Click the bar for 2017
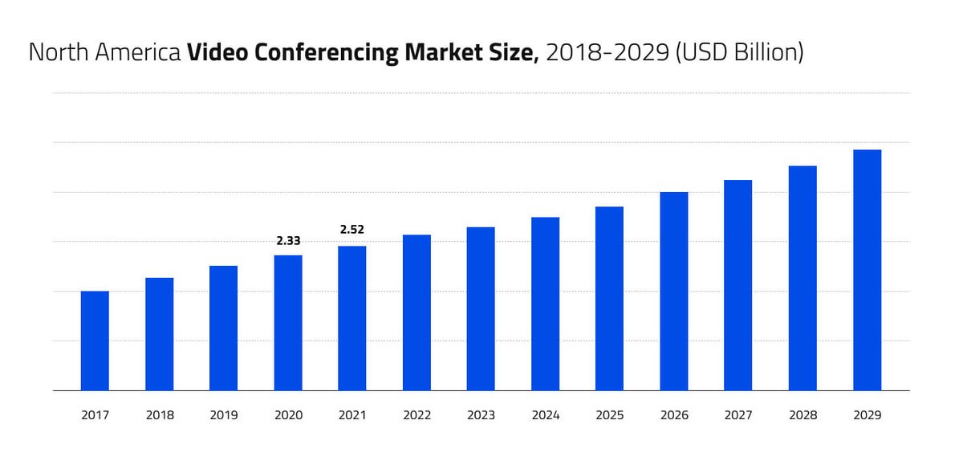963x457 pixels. tap(95, 341)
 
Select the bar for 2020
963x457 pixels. tap(288, 323)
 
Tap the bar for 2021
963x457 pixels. tap(352, 318)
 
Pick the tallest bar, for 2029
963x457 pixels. tap(867, 270)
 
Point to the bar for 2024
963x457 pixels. tap(545, 304)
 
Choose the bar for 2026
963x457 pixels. tap(674, 291)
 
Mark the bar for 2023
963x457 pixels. tap(481, 308)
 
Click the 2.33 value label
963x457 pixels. tap(288, 240)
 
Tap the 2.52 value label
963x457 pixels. tap(352, 230)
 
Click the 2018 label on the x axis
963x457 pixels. tap(159, 415)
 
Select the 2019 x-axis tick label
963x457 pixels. tap(223, 415)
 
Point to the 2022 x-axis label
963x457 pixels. tap(416, 415)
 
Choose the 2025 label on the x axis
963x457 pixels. tap(609, 415)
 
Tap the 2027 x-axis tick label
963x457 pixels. tap(738, 415)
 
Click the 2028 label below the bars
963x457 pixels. tap(802, 415)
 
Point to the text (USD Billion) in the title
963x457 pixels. tap(738, 53)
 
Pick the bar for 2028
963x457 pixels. tap(802, 278)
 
